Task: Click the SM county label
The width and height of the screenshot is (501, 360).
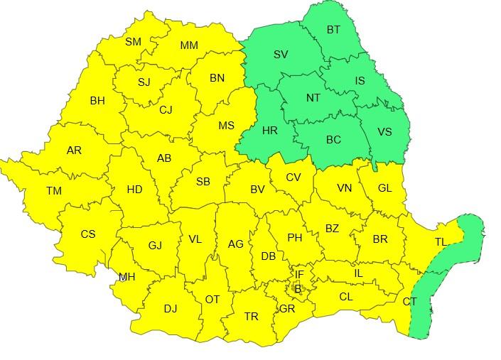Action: [x=133, y=42]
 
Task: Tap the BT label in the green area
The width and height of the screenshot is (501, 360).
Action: [x=333, y=30]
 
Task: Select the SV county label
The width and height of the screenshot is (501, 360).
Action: [x=281, y=54]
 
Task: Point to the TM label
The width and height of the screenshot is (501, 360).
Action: [x=54, y=191]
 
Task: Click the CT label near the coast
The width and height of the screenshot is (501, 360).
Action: [x=410, y=302]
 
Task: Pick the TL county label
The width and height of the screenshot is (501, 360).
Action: [x=441, y=242]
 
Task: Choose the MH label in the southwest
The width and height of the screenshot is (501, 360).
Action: [x=127, y=277]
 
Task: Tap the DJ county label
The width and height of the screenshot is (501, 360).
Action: [x=171, y=308]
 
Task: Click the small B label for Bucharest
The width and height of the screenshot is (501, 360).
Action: [x=298, y=289]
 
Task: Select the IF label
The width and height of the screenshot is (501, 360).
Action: [x=300, y=274]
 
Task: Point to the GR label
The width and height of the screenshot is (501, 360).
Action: [x=287, y=309]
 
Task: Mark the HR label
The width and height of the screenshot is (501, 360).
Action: [x=270, y=131]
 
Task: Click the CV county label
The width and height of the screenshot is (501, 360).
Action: [x=294, y=178]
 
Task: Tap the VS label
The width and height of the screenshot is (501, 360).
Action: [x=384, y=132]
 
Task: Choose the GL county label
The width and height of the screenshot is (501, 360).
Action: [x=385, y=188]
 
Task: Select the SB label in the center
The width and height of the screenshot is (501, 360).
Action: [x=203, y=182]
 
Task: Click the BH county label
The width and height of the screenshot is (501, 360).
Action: [x=97, y=101]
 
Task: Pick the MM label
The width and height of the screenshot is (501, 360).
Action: [x=189, y=45]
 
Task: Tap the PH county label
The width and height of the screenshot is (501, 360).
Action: [x=295, y=238]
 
